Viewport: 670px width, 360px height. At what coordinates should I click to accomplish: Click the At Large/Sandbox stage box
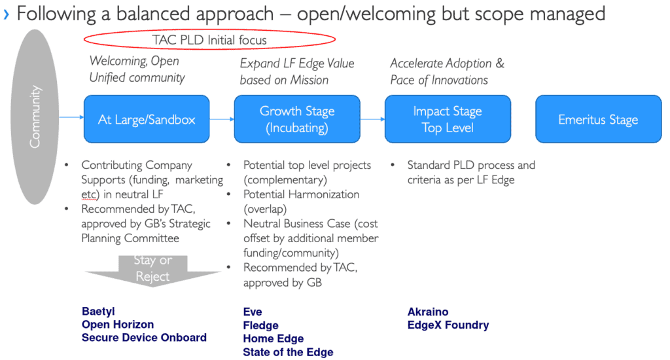pos(147,119)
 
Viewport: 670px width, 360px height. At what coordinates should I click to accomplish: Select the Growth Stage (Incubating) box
pos(297,119)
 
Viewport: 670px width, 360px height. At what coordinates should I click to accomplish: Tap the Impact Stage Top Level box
pos(448,119)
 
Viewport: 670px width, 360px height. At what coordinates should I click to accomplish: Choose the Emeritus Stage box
pos(598,119)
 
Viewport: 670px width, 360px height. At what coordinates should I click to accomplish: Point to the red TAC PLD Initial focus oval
pos(209,40)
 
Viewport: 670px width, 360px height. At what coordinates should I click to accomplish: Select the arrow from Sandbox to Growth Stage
pos(222,119)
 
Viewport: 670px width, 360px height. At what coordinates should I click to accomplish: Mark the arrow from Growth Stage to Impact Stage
pos(372,119)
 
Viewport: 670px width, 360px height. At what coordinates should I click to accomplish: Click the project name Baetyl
pos(97,312)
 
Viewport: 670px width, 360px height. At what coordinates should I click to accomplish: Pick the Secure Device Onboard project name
pos(144,338)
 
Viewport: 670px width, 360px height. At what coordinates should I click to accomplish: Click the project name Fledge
pos(260,325)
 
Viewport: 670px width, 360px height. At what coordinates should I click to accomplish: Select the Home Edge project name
pos(273,338)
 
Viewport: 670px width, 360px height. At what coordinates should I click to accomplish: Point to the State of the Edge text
pos(288,352)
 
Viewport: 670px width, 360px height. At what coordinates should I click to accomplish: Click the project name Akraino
pos(428,312)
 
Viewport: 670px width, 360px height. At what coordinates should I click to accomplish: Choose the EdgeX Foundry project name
pos(448,325)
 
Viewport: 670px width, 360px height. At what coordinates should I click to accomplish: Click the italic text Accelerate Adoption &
pos(448,63)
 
